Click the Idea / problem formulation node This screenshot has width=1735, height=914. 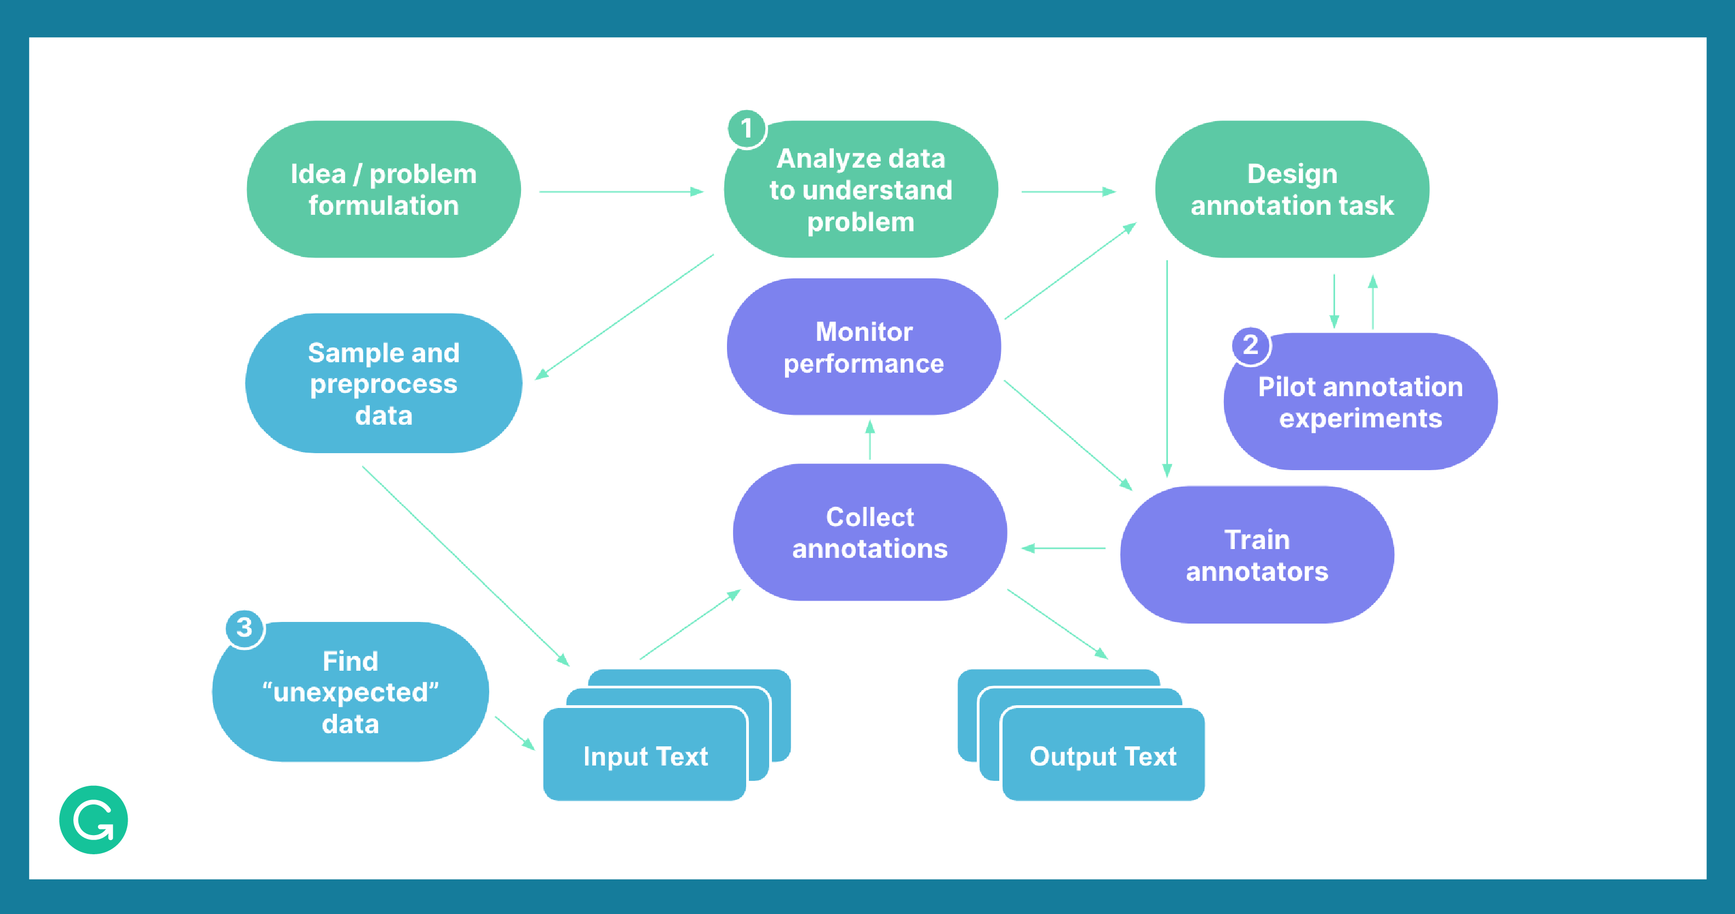tap(383, 189)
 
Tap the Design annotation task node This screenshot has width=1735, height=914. tap(1292, 189)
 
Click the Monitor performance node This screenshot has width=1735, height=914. tap(863, 347)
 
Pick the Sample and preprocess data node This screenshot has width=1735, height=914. tap(383, 383)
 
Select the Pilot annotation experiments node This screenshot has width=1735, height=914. tap(1360, 402)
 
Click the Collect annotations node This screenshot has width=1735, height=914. tap(869, 532)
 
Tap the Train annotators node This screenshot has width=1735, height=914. tap(1257, 555)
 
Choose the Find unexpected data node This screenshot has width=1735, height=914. tap(350, 692)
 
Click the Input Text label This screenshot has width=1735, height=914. tap(645, 756)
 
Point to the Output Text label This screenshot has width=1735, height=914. tap(1103, 756)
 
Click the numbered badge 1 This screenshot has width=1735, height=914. tap(746, 129)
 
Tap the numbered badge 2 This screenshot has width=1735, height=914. tap(1250, 345)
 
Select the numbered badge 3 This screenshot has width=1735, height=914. tap(244, 628)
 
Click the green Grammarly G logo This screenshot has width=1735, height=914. tap(94, 820)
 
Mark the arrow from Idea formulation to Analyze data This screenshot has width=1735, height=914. tap(620, 192)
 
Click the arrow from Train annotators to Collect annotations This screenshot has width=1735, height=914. tap(1063, 549)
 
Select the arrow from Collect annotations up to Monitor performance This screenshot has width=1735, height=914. tap(869, 441)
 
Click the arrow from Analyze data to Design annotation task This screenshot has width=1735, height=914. tap(1068, 192)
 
